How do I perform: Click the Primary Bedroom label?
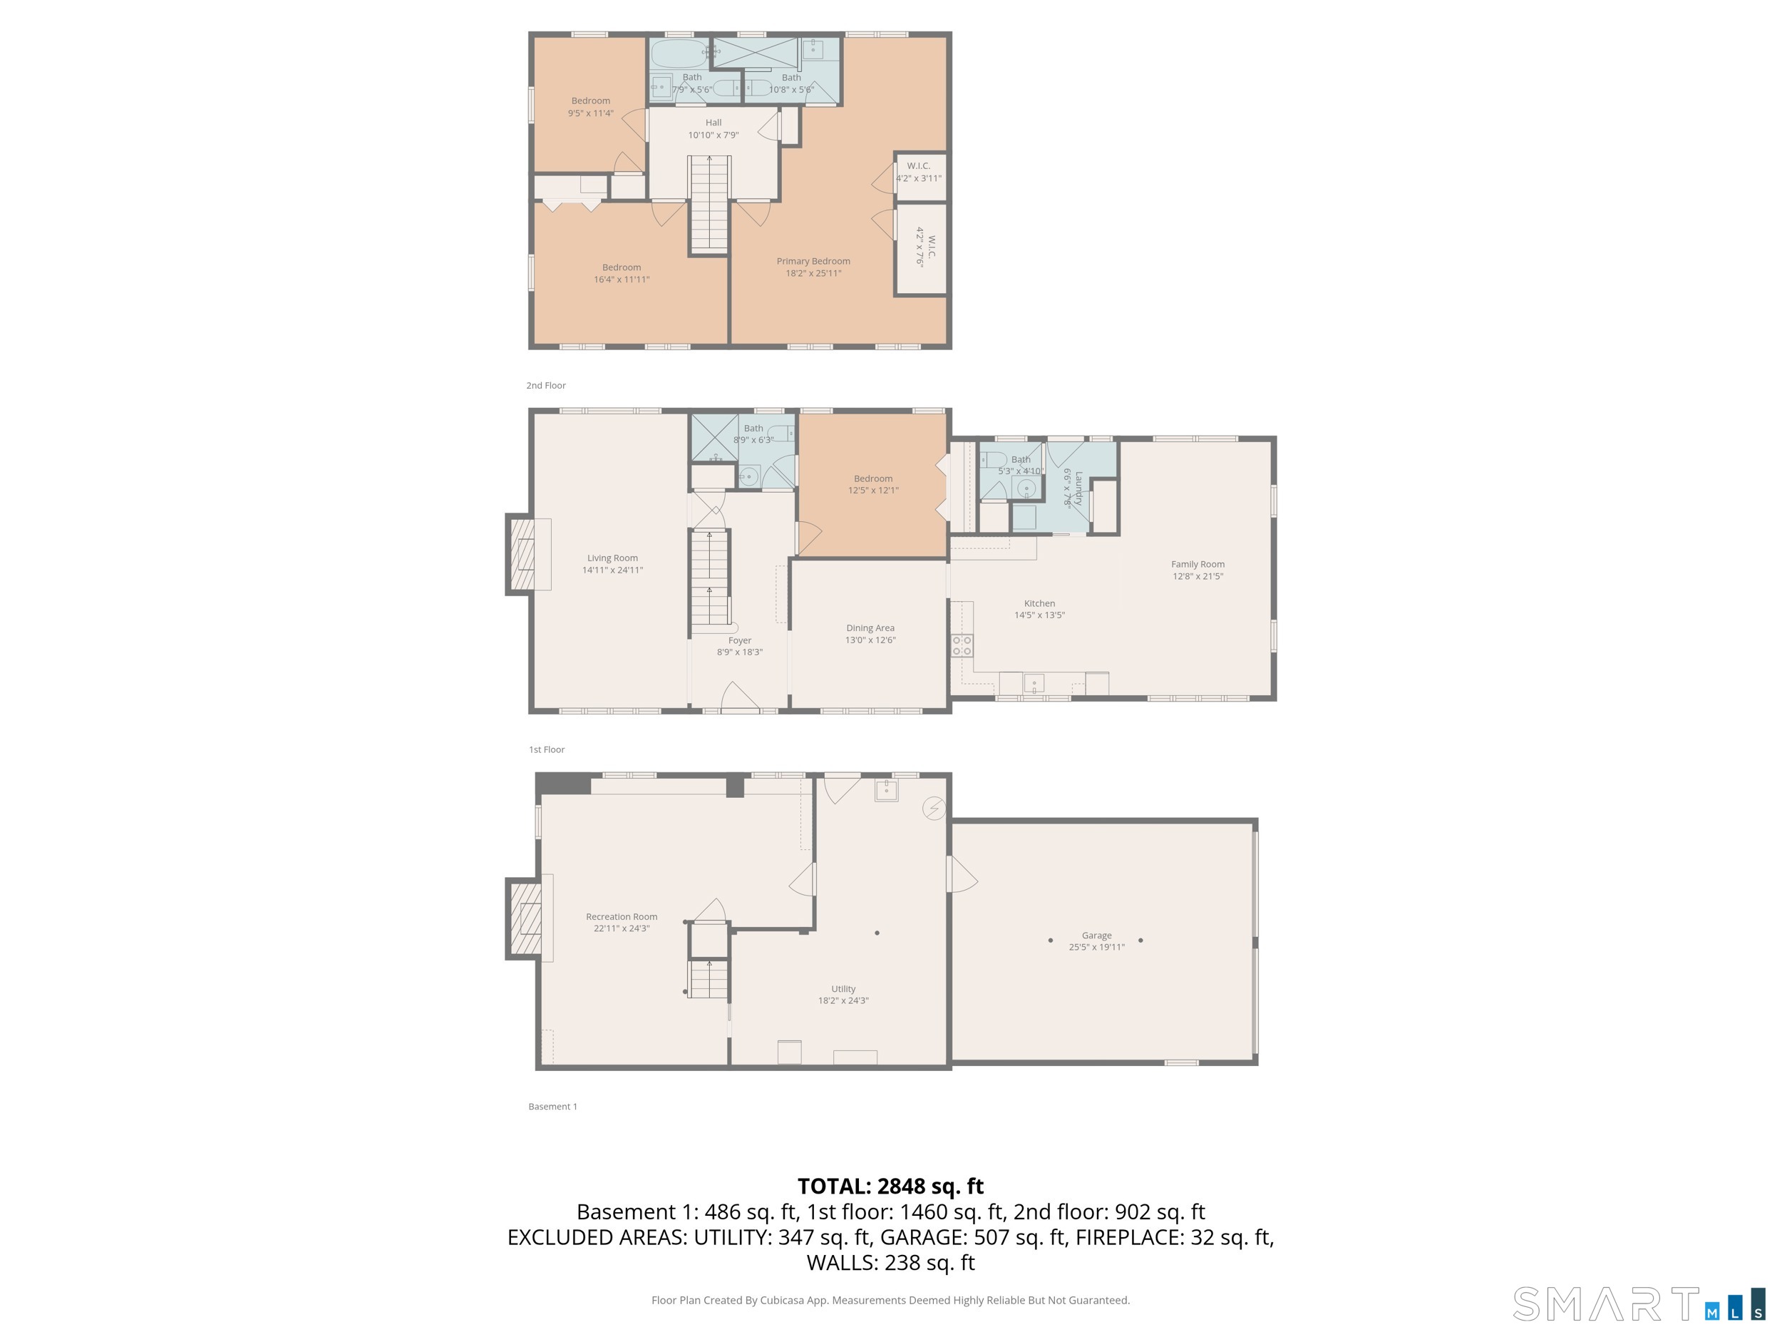point(813,261)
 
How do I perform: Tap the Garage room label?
point(1096,936)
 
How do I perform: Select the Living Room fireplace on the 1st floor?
point(525,555)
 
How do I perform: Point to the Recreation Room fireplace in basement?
point(525,918)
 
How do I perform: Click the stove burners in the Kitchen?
point(962,645)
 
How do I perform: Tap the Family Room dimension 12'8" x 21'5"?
point(1197,576)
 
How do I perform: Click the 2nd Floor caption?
point(545,385)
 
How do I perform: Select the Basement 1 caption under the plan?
point(552,1107)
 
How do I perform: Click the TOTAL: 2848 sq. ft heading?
point(890,1187)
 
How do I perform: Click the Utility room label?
point(843,989)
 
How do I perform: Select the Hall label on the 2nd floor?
point(713,123)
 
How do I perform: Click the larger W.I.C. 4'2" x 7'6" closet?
point(921,250)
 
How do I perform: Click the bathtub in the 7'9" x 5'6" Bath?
point(679,54)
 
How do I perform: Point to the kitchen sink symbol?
point(1034,683)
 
